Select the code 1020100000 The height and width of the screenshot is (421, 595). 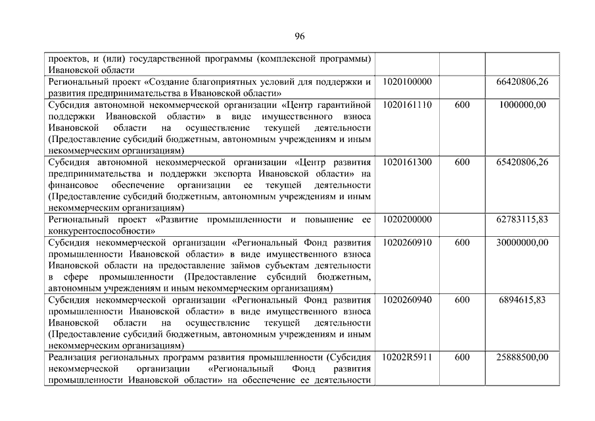(407, 82)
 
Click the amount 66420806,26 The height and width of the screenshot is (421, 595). (522, 82)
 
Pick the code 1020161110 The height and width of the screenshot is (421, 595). (407, 105)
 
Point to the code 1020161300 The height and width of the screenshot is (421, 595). (407, 162)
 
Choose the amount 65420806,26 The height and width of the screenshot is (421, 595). (522, 162)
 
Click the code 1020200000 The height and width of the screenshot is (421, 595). (407, 219)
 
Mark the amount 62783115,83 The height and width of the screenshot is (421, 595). (522, 219)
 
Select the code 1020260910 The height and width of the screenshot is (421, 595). (407, 242)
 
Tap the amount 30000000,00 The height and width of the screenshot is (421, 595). (522, 242)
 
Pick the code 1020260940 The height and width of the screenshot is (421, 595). (407, 299)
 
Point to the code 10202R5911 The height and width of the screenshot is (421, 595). (407, 357)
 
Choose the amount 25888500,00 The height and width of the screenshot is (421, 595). (522, 357)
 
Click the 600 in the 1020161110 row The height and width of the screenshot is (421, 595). (462, 105)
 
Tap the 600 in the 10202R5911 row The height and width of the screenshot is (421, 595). (462, 357)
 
